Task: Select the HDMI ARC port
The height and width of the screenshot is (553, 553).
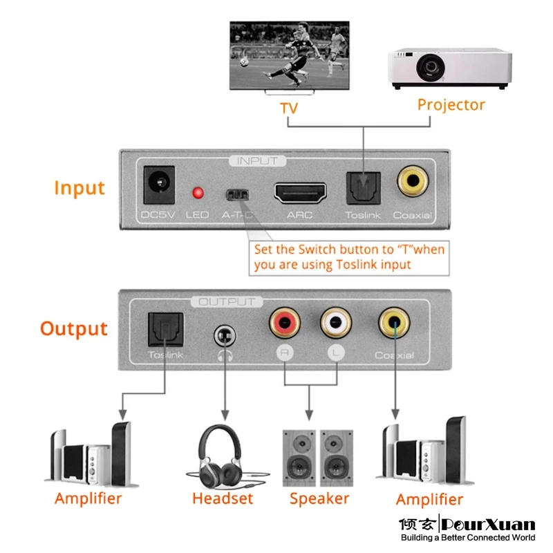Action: pyautogui.click(x=300, y=191)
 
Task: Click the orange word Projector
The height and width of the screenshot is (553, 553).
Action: pyautogui.click(x=451, y=105)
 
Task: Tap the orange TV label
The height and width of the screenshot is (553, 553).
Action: pyautogui.click(x=289, y=109)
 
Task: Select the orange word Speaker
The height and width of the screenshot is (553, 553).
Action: pyautogui.click(x=319, y=498)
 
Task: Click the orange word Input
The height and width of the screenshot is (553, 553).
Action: pyautogui.click(x=79, y=188)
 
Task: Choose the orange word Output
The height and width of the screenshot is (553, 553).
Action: pyautogui.click(x=74, y=328)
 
